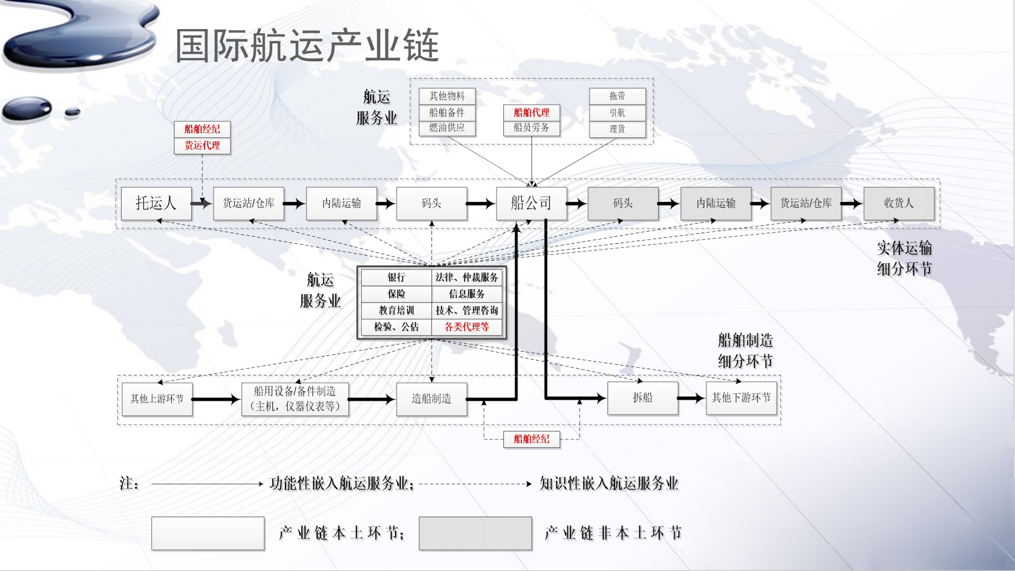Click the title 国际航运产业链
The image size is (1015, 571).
[307, 45]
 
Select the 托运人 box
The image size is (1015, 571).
[156, 203]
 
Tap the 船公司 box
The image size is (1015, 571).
[531, 203]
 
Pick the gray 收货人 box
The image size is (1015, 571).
[898, 203]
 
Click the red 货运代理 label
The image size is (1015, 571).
[202, 145]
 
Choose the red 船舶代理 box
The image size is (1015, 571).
[531, 113]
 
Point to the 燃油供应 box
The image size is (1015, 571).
[447, 128]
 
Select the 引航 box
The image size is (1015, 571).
[617, 113]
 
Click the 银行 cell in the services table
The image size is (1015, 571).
[396, 278]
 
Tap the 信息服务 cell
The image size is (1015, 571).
[466, 294]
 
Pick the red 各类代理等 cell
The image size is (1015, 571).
[466, 327]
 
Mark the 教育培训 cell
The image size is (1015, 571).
[396, 310]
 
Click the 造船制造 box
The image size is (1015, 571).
[431, 399]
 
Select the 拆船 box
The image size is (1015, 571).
[642, 398]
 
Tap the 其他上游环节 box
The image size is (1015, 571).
[157, 399]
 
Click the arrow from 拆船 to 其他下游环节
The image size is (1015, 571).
[691, 398]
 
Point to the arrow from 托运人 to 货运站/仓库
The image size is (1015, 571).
[201, 203]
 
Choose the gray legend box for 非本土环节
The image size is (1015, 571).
[475, 533]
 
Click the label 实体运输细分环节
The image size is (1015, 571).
[904, 259]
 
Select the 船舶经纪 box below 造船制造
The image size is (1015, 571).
[531, 439]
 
